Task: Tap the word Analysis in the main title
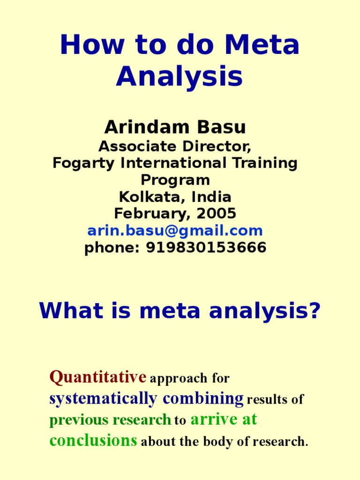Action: tap(180, 76)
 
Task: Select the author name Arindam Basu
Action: tap(175, 127)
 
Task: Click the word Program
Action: tap(175, 180)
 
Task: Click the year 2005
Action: tap(217, 214)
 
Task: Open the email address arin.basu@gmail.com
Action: tap(175, 231)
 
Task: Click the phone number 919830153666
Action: tap(206, 247)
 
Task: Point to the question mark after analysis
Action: tap(315, 310)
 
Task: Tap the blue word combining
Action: tap(203, 398)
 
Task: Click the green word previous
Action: tap(78, 420)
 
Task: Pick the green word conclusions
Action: tap(93, 441)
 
